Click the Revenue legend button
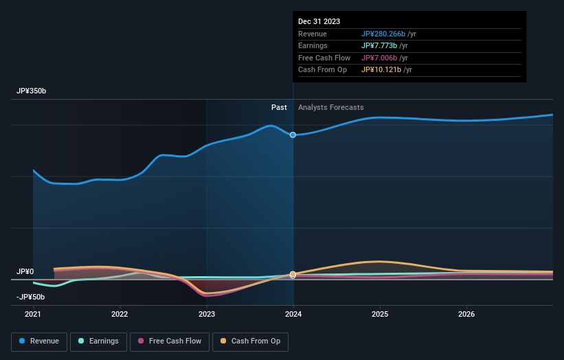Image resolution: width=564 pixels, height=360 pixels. tap(39, 341)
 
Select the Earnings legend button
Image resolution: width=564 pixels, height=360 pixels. tap(98, 341)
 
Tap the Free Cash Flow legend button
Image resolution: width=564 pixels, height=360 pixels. tap(170, 341)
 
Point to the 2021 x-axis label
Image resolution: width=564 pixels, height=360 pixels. tap(33, 315)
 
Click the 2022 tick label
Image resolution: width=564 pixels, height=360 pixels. tap(120, 315)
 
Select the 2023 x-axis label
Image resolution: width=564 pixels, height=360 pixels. tap(207, 315)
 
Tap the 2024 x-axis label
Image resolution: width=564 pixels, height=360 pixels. tap(293, 315)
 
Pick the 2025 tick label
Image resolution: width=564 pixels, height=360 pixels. tap(380, 315)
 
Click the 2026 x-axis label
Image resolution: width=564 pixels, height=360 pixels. tap(466, 315)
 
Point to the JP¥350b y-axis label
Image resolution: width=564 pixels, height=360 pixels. tap(32, 91)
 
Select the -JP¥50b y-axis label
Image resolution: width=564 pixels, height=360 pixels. tap(31, 297)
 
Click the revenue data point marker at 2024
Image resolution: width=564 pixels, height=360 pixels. tap(293, 135)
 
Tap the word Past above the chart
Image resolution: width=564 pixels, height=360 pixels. tap(279, 107)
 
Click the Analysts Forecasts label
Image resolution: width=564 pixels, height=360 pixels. tap(330, 107)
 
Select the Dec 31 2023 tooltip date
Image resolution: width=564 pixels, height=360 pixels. tap(319, 22)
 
